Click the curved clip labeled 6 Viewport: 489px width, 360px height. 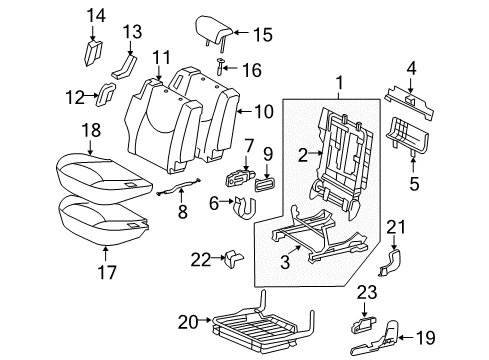(x=241, y=207)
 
